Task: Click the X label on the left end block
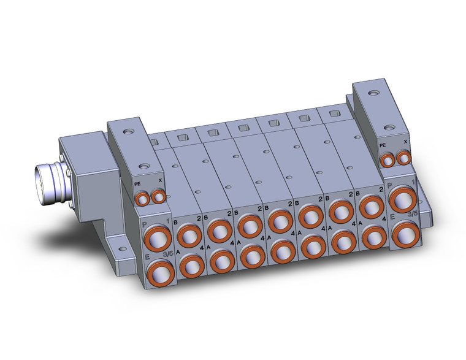coord(161,180)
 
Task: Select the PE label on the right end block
coord(383,145)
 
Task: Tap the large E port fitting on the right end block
coord(403,234)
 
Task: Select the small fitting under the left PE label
coord(143,197)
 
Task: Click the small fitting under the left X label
coord(159,196)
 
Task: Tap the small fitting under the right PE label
coord(387,161)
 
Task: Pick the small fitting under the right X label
coord(403,159)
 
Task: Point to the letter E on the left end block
coord(147,259)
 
